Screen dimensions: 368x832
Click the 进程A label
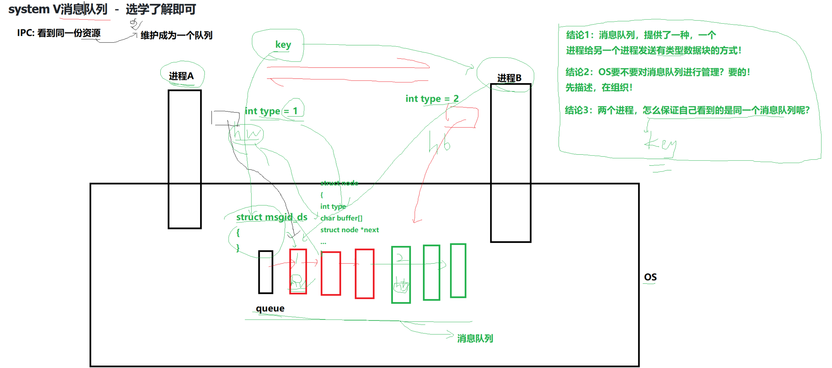point(181,76)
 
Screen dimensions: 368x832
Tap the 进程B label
point(509,78)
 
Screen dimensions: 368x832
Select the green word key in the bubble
point(283,44)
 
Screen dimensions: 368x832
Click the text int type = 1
point(271,111)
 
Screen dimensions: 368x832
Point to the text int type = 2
point(432,99)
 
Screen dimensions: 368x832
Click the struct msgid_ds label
point(272,217)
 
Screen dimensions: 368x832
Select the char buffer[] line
point(341,218)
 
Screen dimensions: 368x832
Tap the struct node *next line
point(349,230)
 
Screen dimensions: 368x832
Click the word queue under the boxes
point(270,308)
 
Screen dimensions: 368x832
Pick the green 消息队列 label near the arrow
point(475,339)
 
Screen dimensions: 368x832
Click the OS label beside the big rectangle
point(650,277)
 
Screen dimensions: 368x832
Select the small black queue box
point(266,272)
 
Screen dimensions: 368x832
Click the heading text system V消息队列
point(58,9)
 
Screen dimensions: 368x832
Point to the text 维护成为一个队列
point(176,35)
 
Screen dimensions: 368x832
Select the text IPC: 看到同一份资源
point(59,33)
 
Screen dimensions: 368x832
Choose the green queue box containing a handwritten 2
point(401,275)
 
